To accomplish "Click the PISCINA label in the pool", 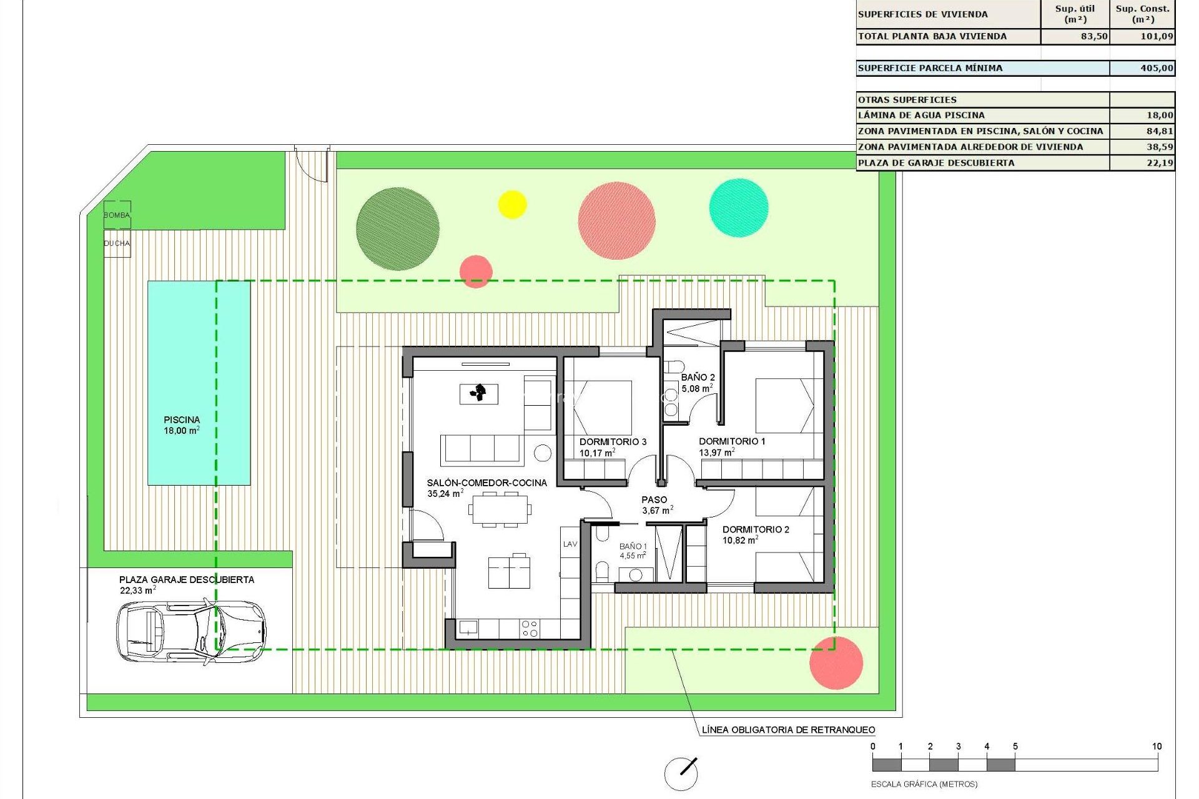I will coord(182,420).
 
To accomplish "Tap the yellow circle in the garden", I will coord(512,204).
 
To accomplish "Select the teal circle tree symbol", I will coord(739,208).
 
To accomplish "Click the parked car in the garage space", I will coord(191,630).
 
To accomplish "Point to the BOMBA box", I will coord(117,215).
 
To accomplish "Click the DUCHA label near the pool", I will coord(117,243).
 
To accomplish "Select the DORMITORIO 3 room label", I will coord(613,442).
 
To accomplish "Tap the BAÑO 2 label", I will coord(698,378).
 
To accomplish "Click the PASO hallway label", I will coord(654,500).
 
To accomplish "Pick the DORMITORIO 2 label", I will coord(756,530).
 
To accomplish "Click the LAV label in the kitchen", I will coord(570,544).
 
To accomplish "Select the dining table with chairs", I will coord(500,509).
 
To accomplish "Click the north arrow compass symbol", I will coord(681,774).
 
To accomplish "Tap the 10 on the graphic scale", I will coord(1157,747).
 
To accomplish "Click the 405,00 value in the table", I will coord(1157,68).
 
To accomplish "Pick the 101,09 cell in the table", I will coord(1157,36).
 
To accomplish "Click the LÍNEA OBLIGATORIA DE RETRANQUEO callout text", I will coord(788,730).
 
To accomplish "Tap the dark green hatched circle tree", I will coord(397,228).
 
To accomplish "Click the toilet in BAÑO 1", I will coord(602,571).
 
